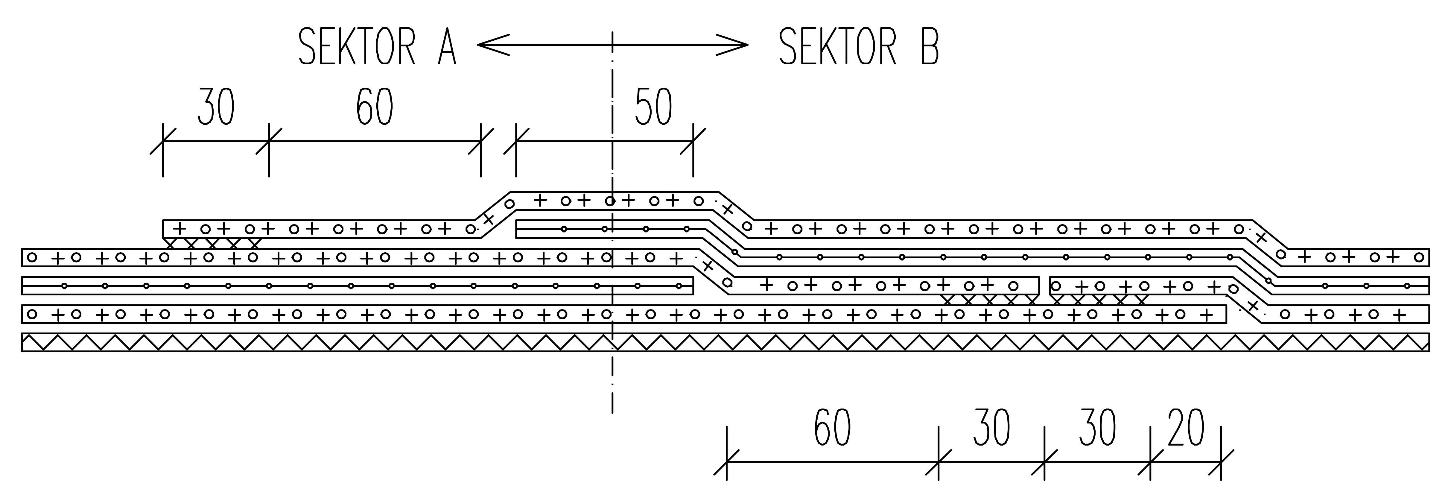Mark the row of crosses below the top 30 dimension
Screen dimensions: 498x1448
coord(212,244)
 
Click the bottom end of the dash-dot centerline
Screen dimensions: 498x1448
coord(612,410)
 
